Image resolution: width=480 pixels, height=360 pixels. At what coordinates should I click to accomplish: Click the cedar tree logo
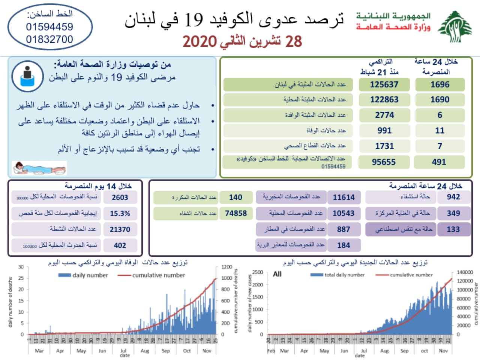(455, 27)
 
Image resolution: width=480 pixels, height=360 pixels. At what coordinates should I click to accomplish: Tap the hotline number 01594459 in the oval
(49, 27)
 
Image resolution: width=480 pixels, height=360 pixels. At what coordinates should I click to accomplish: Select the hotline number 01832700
(49, 39)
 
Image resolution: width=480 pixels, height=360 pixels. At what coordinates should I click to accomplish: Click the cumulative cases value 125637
(384, 85)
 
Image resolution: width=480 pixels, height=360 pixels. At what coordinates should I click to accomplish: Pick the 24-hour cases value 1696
(440, 85)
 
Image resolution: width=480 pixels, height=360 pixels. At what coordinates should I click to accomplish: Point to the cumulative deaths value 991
(384, 130)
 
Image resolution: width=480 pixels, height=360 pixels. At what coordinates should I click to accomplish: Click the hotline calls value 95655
(384, 162)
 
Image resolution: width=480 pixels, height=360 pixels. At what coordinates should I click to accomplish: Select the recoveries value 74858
(236, 213)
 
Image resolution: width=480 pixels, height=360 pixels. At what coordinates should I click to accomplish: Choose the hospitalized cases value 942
(453, 197)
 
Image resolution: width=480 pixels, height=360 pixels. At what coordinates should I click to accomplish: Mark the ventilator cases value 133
(453, 229)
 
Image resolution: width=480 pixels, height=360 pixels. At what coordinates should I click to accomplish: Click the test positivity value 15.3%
(120, 213)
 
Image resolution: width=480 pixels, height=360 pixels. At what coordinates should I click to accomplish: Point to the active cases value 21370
(120, 229)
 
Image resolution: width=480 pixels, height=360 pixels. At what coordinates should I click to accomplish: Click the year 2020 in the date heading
(200, 42)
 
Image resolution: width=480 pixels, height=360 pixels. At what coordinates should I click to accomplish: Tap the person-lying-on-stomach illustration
(39, 168)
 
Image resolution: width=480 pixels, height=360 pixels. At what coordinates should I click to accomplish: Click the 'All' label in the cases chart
(277, 274)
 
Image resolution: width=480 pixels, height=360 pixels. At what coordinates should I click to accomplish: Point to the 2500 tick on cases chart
(257, 272)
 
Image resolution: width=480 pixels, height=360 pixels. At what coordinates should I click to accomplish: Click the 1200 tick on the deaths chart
(226, 267)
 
